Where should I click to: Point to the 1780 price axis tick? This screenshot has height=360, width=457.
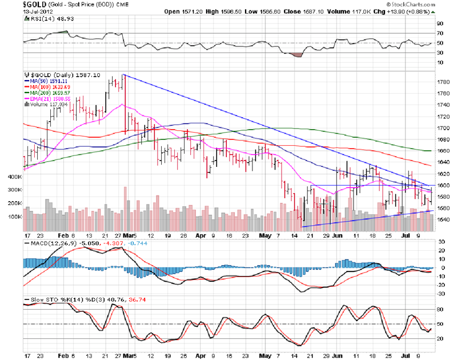click(443, 82)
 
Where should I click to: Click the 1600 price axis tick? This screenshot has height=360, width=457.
click(443, 186)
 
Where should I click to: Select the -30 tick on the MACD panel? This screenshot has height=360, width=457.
click(440, 294)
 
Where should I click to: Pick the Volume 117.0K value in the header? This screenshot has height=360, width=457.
click(363, 11)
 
